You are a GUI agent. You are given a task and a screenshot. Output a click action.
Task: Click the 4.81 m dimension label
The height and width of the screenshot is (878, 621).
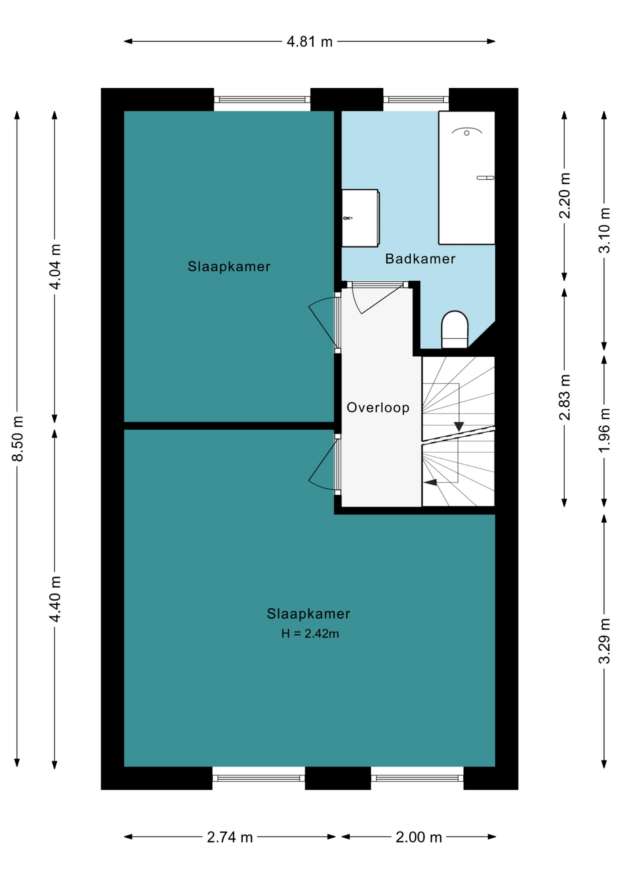pyautogui.click(x=310, y=42)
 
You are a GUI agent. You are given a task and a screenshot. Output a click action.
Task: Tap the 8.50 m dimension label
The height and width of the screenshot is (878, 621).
pyautogui.click(x=17, y=439)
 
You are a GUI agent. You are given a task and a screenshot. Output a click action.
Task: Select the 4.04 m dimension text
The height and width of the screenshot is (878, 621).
pyautogui.click(x=55, y=266)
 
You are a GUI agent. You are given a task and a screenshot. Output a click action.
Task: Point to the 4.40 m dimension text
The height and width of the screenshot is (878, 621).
pyautogui.click(x=55, y=599)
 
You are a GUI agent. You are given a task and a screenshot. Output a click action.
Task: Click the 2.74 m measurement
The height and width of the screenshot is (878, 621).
pyautogui.click(x=230, y=837)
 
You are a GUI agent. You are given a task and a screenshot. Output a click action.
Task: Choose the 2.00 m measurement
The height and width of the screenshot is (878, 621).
pyautogui.click(x=419, y=837)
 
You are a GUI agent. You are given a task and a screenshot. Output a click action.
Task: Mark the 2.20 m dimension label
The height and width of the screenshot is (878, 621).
pyautogui.click(x=565, y=195)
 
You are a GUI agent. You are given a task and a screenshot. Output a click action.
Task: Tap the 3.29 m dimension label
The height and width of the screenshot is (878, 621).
pyautogui.click(x=604, y=641)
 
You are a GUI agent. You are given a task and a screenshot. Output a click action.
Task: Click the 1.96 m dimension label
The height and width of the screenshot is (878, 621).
pyautogui.click(x=604, y=430)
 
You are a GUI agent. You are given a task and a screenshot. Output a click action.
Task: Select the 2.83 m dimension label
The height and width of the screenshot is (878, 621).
pyautogui.click(x=565, y=397)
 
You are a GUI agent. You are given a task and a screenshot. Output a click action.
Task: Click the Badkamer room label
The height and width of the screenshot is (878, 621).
pyautogui.click(x=420, y=259)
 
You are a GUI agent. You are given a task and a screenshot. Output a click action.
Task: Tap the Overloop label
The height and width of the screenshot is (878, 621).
pyautogui.click(x=378, y=407)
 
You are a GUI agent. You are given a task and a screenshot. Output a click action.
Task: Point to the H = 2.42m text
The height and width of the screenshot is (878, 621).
pyautogui.click(x=310, y=633)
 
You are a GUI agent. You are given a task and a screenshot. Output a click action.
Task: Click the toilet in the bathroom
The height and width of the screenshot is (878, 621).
pyautogui.click(x=455, y=329)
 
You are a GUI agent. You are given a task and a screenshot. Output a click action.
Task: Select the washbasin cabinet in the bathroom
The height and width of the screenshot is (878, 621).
pyautogui.click(x=360, y=218)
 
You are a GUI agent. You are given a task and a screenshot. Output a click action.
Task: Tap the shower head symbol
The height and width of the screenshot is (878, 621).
pyautogui.click(x=467, y=132)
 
